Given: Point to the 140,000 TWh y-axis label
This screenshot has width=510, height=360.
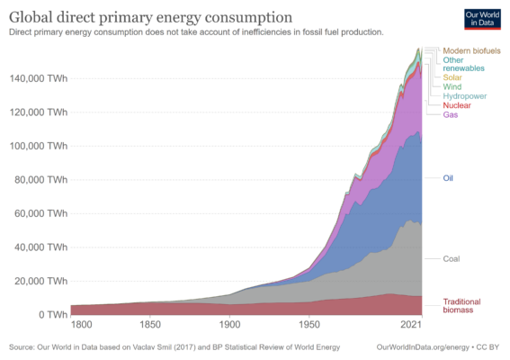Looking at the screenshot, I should pos(38,78).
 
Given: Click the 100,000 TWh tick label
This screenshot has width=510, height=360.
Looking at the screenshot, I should pos(38,146).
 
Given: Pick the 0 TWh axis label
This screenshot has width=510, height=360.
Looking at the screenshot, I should pos(50,314).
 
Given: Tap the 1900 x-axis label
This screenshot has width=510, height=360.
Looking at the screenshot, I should pos(230,324).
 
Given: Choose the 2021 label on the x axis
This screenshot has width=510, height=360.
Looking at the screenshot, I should pos(412,324).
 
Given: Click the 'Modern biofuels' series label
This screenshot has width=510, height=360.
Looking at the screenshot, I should pos(472,50).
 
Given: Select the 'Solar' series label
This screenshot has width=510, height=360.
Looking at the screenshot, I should pos(454,77).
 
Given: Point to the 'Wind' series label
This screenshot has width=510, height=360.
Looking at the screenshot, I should pos(453,86).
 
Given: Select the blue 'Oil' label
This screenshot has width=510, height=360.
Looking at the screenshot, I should pos(449,178).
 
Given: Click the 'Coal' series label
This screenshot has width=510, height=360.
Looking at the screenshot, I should pos(452,259).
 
